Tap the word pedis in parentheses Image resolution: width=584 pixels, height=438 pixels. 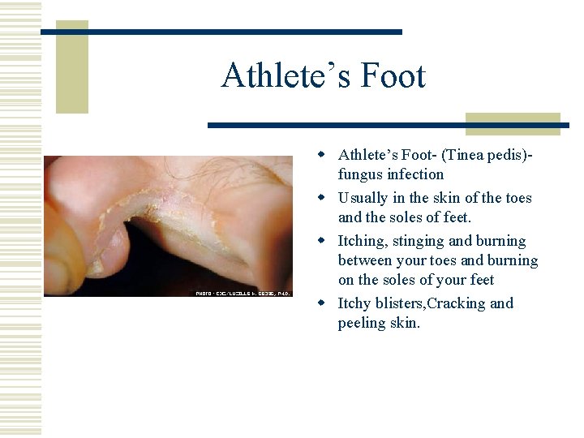tap(507, 155)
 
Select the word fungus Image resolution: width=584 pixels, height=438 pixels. tap(360, 174)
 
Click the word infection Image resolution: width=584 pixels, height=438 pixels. tap(415, 174)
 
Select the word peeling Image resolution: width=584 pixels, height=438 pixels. tap(362, 323)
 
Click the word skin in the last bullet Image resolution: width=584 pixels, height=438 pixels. tap(405, 323)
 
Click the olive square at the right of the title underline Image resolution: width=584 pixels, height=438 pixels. tap(513, 123)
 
